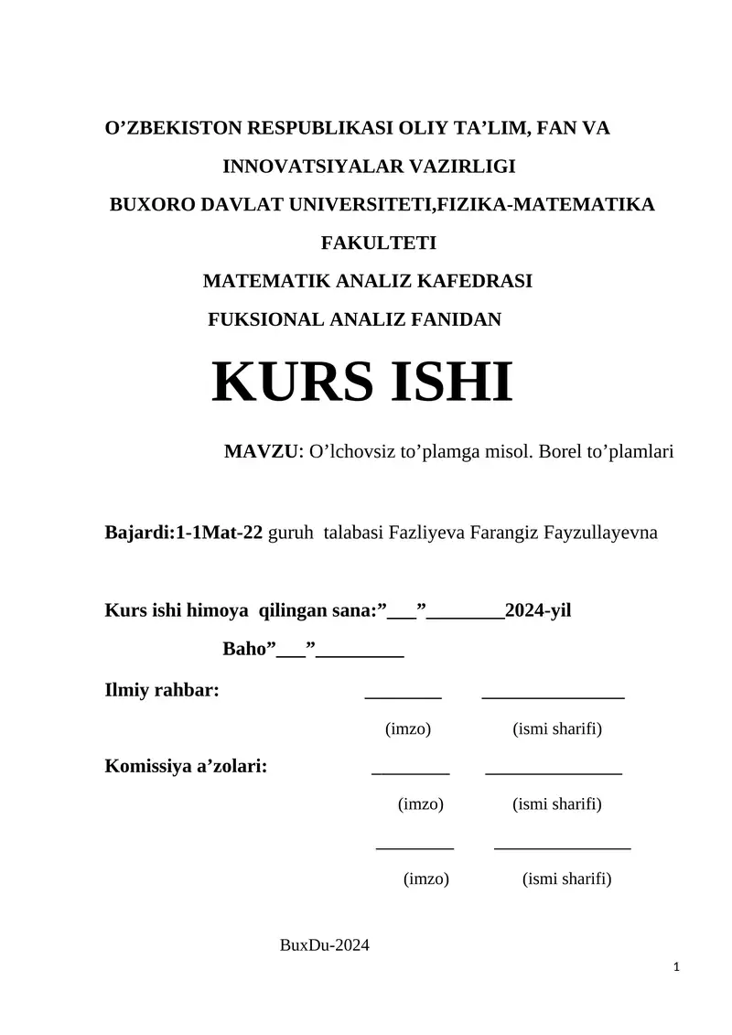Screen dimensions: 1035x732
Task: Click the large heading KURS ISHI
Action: coord(362,383)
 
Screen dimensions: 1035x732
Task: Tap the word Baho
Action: coord(244,650)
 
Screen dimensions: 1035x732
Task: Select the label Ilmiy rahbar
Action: coord(162,690)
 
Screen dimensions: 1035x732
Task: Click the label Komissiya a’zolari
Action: coord(187,766)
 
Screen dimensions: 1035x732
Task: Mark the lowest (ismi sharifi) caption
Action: coord(566,879)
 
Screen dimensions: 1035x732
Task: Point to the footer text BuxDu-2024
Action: coord(324,946)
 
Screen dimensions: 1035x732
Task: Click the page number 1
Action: coord(675,966)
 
